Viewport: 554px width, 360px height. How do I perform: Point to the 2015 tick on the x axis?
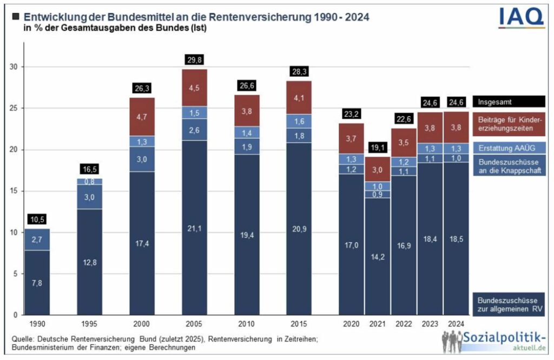[x=299, y=324]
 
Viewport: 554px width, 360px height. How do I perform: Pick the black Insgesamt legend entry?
[x=508, y=101]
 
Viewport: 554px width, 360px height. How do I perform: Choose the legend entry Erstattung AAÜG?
[x=508, y=148]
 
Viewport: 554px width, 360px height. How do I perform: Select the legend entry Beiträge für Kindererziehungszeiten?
[x=508, y=124]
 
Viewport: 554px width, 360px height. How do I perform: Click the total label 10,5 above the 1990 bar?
[x=37, y=219]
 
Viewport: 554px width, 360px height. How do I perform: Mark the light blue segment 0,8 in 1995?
[x=90, y=182]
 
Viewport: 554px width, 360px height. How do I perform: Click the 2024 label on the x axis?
[x=456, y=324]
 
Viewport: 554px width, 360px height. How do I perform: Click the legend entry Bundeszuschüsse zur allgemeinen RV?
[x=508, y=305]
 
